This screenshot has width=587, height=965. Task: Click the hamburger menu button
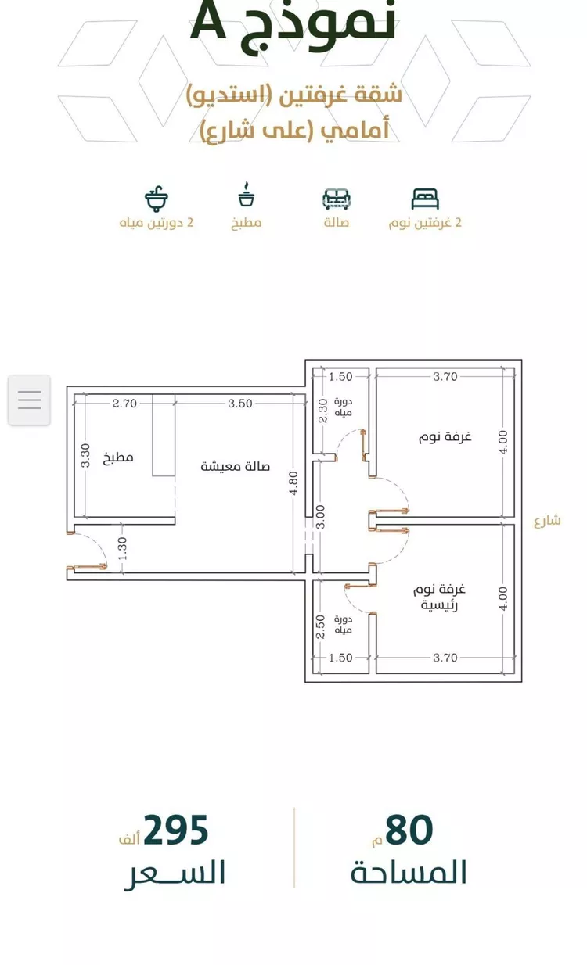pyautogui.click(x=29, y=400)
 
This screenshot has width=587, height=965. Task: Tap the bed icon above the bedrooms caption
pyautogui.click(x=425, y=199)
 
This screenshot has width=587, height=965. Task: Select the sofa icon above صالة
pyautogui.click(x=337, y=199)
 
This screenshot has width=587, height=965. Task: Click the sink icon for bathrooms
pyautogui.click(x=157, y=199)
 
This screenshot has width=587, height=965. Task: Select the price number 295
pyautogui.click(x=175, y=830)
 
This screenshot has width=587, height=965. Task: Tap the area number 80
pyautogui.click(x=409, y=830)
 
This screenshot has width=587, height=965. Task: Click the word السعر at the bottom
pyautogui.click(x=175, y=872)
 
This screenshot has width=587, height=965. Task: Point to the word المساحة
pyautogui.click(x=409, y=872)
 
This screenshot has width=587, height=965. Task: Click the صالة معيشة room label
pyautogui.click(x=236, y=466)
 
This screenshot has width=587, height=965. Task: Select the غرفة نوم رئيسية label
pyautogui.click(x=442, y=597)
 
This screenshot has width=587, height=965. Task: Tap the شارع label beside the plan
pyautogui.click(x=548, y=521)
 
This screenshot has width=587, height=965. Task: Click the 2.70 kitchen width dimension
pyautogui.click(x=124, y=404)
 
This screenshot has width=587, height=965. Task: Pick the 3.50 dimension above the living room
pyautogui.click(x=240, y=404)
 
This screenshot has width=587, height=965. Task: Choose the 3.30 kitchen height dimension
pyautogui.click(x=85, y=456)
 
